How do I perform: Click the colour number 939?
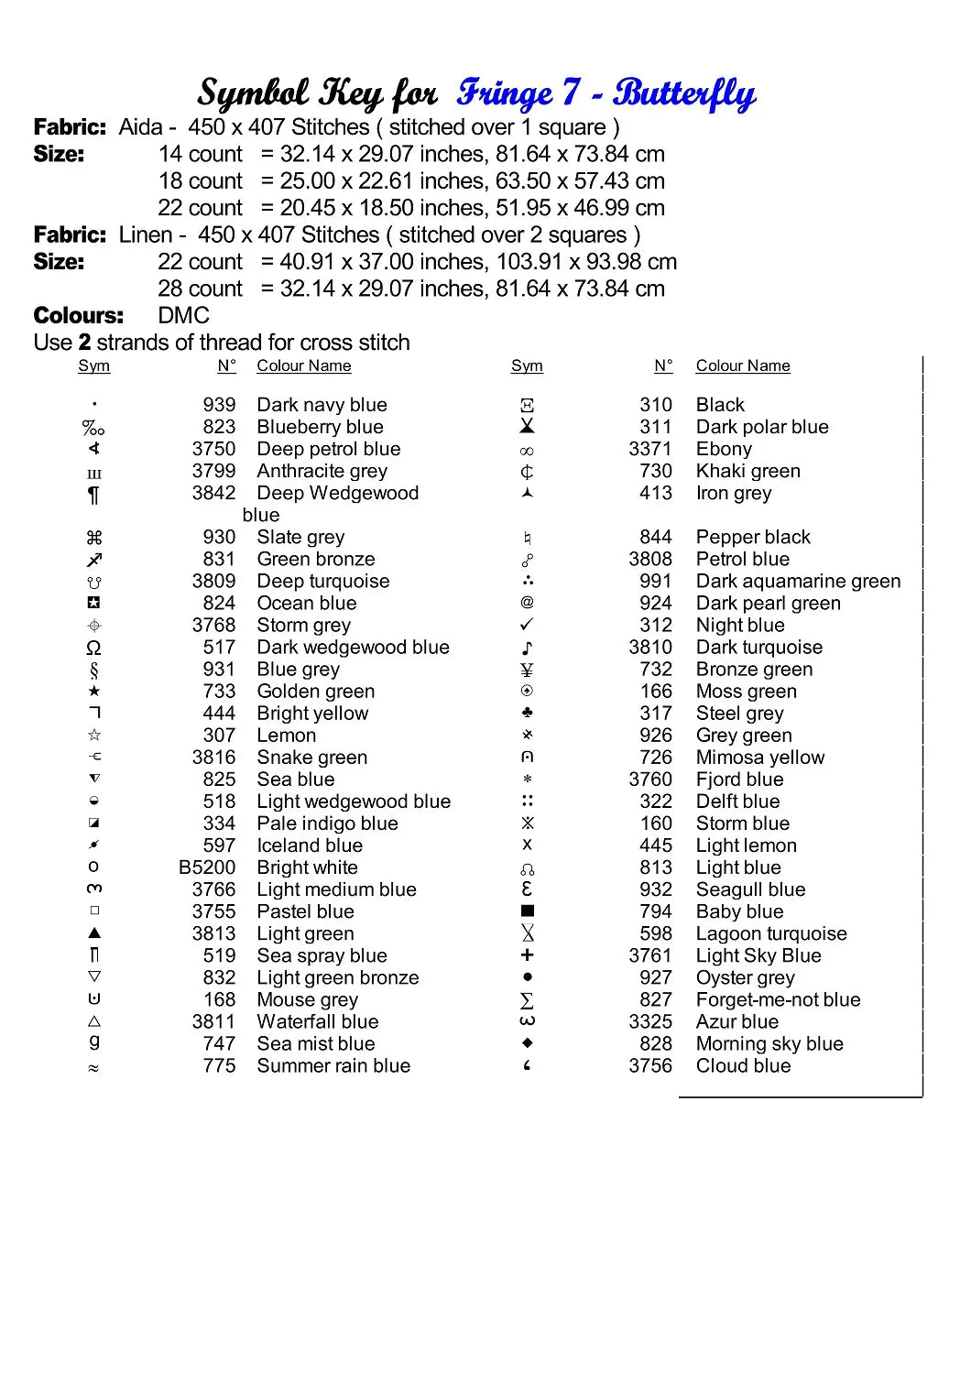point(219,405)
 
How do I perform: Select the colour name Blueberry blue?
point(320,427)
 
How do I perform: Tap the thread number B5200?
point(207,867)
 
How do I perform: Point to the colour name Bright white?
point(307,867)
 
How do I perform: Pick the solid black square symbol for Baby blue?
point(527,911)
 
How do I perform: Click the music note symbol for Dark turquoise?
point(527,648)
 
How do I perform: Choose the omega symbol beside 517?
point(93,648)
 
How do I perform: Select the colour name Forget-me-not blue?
point(778,999)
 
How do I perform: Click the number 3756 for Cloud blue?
point(650,1065)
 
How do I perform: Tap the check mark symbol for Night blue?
point(527,625)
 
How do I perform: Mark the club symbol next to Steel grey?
point(527,713)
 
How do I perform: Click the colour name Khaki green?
point(747,471)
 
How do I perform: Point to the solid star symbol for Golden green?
point(93,691)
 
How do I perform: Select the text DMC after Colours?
point(183,316)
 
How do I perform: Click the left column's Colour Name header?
point(303,366)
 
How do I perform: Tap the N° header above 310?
point(663,366)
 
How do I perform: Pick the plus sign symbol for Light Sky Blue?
point(527,955)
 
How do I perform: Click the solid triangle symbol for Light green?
point(93,932)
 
